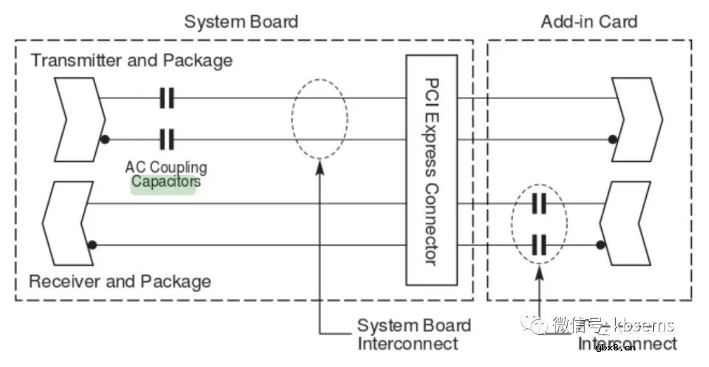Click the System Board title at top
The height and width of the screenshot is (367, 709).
click(x=241, y=22)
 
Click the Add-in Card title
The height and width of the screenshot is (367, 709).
click(x=589, y=22)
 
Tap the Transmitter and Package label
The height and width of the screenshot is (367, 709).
click(x=132, y=61)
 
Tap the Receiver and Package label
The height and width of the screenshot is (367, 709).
click(x=120, y=281)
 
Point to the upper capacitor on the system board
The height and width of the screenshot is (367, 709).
click(x=167, y=98)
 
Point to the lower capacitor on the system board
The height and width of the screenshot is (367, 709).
click(x=167, y=138)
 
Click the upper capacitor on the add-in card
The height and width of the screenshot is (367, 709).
click(x=539, y=204)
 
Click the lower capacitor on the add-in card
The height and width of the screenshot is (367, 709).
click(x=539, y=244)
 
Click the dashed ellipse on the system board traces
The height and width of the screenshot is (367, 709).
click(x=320, y=119)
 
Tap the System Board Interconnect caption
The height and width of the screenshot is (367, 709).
click(x=413, y=335)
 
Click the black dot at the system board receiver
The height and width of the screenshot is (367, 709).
click(x=93, y=244)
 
